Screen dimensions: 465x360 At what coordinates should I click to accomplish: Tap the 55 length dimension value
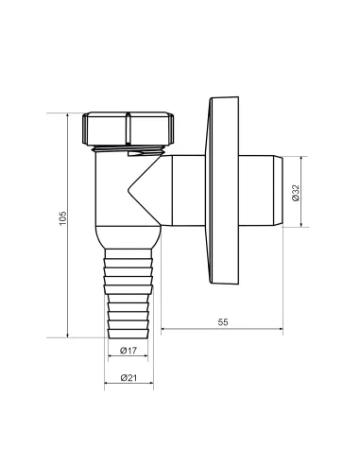[223, 322]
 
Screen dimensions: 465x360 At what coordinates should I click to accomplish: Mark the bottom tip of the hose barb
[128, 336]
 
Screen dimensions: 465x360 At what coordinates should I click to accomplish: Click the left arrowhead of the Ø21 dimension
[105, 386]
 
